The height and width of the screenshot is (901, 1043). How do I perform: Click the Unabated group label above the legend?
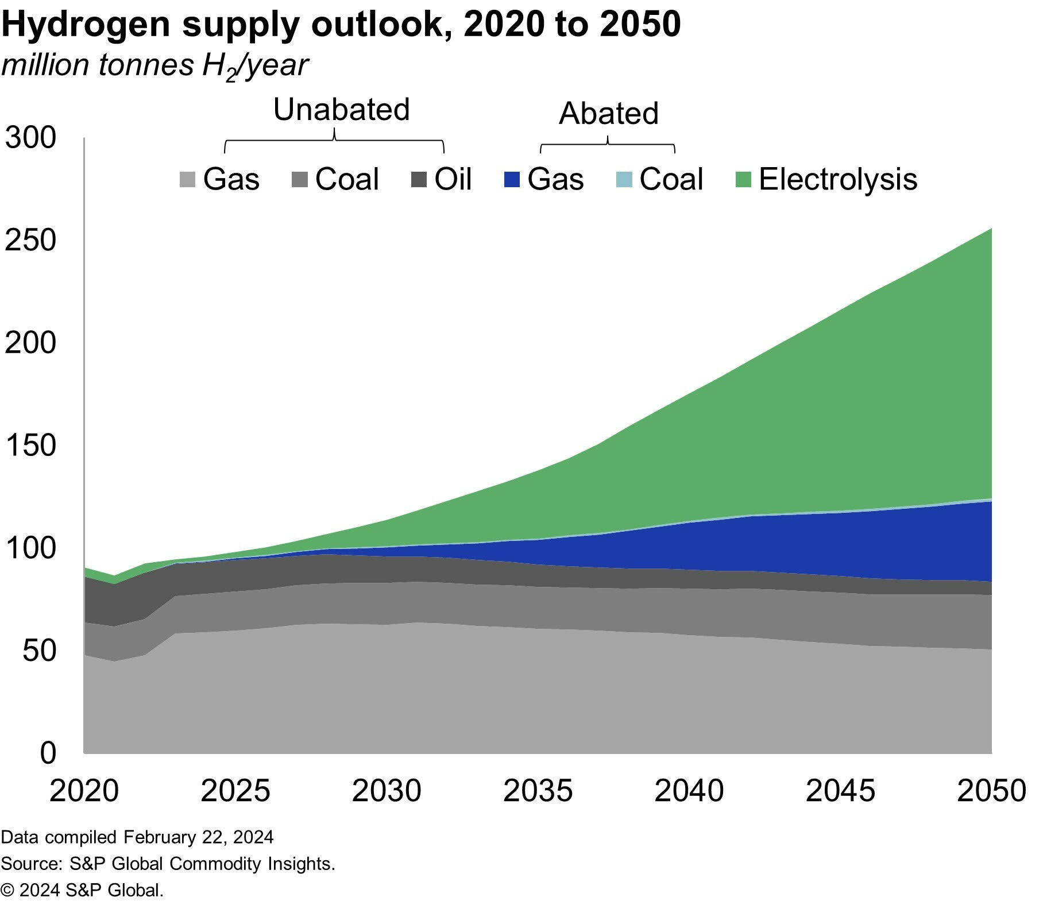pyautogui.click(x=341, y=109)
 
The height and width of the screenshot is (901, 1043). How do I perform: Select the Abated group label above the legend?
pyautogui.click(x=608, y=113)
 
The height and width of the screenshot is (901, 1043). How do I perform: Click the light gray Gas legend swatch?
pyautogui.click(x=187, y=180)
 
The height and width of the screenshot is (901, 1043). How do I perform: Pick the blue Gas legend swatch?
pyautogui.click(x=511, y=180)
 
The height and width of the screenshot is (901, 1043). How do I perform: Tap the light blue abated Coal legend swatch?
pyautogui.click(x=624, y=180)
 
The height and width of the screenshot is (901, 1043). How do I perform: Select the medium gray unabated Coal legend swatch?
pyautogui.click(x=299, y=180)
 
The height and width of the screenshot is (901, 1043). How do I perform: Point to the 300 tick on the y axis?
pyautogui.click(x=31, y=138)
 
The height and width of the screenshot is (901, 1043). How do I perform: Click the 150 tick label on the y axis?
pyautogui.click(x=31, y=445)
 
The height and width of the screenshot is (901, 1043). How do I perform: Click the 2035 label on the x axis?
pyautogui.click(x=538, y=791)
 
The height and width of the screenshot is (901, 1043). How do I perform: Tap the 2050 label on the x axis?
pyautogui.click(x=991, y=791)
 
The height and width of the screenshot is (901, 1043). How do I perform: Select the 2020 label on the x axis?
pyautogui.click(x=84, y=791)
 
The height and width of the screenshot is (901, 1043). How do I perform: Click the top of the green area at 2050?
pyautogui.click(x=991, y=230)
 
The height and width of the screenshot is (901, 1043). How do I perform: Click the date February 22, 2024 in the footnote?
pyautogui.click(x=198, y=837)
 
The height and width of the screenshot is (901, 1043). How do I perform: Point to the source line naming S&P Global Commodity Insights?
pyautogui.click(x=168, y=864)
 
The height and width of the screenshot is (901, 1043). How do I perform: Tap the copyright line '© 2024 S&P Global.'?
pyautogui.click(x=83, y=890)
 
